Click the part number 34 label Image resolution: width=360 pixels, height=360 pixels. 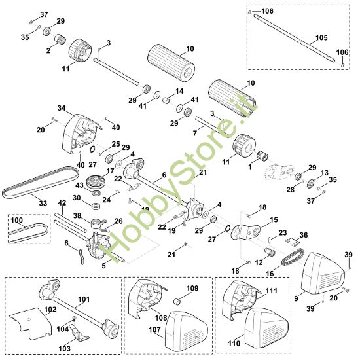[62, 108]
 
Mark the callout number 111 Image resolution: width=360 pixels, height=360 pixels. [272, 289]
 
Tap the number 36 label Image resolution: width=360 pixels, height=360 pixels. [303, 234]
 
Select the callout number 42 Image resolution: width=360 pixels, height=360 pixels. [62, 203]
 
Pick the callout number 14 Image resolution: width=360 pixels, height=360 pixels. [179, 91]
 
